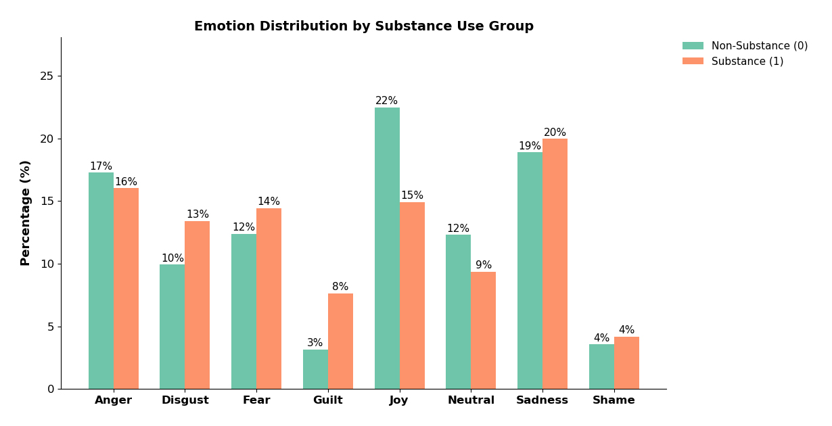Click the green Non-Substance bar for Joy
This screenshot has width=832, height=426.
pos(387,248)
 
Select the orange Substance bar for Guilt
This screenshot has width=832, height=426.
pos(340,341)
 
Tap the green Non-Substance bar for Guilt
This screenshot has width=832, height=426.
pos(315,369)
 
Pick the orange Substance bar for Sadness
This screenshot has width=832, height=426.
pos(555,264)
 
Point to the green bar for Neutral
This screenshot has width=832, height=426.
pos(458,312)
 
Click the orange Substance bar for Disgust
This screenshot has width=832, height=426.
pos(197,305)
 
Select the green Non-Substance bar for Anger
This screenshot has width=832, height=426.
pos(101,281)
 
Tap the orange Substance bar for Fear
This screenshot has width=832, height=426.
pos(269,298)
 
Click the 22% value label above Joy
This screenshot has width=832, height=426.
pos(387,101)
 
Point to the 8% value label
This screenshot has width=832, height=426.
pos(340,287)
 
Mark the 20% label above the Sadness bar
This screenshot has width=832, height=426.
pos(555,133)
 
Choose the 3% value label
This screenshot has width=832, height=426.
pos(315,343)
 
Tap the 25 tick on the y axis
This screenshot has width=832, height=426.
pos(47,76)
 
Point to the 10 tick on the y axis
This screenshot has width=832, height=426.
pos(47,264)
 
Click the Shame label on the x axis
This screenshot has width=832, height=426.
pos(614,400)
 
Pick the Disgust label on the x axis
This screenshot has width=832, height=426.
pos(185,400)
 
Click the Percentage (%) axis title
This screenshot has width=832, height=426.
pos(26,213)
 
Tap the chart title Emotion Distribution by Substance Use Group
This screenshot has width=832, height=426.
pos(364,26)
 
